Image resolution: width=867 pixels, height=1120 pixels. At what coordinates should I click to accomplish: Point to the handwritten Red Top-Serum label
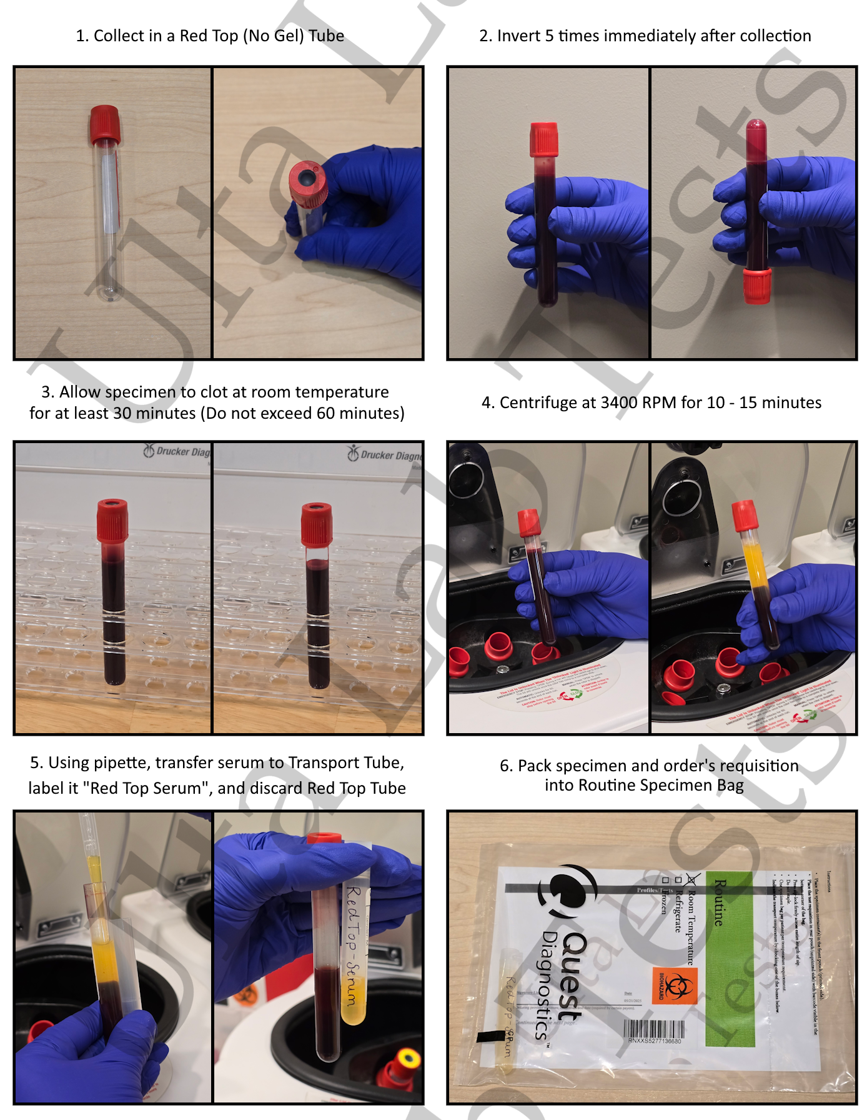[x=354, y=944]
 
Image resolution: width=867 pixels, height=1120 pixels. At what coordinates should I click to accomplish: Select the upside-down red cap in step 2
[x=757, y=286]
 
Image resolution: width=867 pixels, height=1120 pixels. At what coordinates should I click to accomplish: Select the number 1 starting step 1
[x=81, y=36]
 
